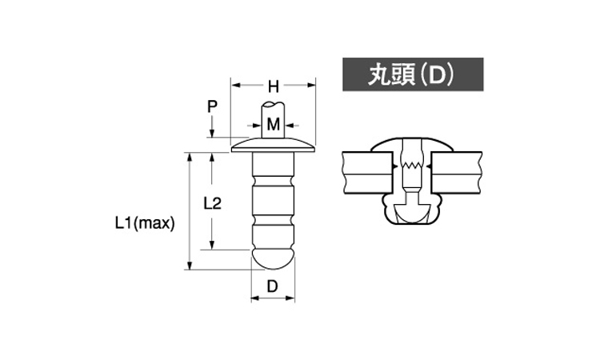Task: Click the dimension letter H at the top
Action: [274, 87]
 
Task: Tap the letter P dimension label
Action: [212, 106]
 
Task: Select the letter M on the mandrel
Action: [274, 125]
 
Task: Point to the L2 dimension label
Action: [212, 203]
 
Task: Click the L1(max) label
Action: [145, 223]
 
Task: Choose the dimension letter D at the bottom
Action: [272, 286]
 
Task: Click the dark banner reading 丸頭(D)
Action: [413, 74]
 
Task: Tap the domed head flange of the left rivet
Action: [274, 146]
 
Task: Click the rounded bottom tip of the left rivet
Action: [274, 259]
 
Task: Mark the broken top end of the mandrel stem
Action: [273, 104]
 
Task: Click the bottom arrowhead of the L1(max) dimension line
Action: [189, 265]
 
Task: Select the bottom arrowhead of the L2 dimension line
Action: [212, 245]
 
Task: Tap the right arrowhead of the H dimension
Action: [310, 85]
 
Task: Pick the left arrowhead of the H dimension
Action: [236, 85]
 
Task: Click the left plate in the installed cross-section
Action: [368, 173]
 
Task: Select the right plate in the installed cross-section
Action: [457, 173]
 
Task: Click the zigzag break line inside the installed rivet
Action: [412, 166]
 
